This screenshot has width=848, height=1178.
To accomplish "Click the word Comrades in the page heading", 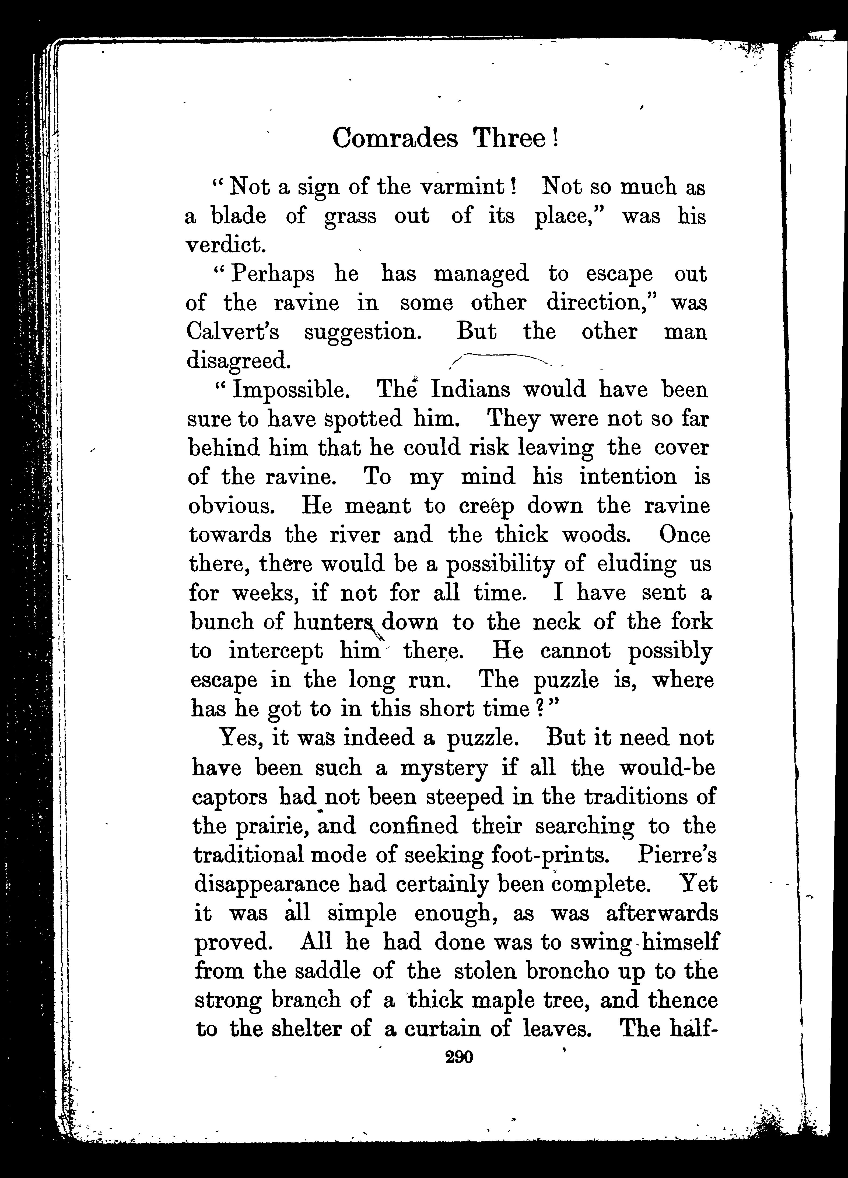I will [395, 139].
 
